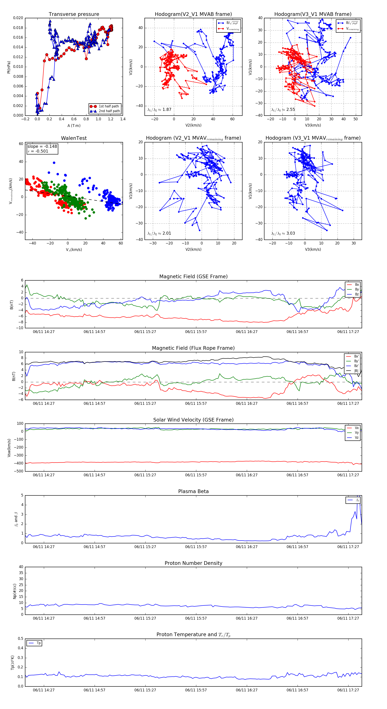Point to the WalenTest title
click(x=74, y=138)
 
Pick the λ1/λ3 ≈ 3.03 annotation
click(x=283, y=233)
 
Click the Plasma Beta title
click(x=193, y=492)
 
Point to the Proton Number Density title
click(x=193, y=563)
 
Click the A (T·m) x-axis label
click(x=74, y=126)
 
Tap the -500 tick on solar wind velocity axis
click(x=19, y=471)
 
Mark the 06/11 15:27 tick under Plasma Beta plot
click(x=145, y=547)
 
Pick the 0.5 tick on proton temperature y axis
click(x=20, y=639)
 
